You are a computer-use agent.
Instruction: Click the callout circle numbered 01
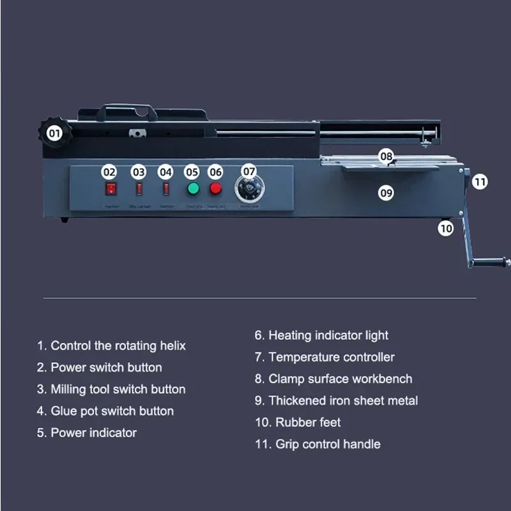click(55, 134)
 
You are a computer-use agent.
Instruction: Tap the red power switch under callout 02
click(111, 189)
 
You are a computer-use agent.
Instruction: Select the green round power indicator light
click(192, 188)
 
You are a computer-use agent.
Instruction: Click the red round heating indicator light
click(216, 188)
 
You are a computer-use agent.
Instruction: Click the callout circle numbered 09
click(386, 192)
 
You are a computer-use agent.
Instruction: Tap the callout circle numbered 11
click(480, 182)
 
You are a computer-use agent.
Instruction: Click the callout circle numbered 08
click(386, 156)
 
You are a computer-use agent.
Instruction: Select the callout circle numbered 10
click(445, 227)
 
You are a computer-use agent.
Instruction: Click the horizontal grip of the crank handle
click(489, 261)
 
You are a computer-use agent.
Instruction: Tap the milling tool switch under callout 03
click(139, 189)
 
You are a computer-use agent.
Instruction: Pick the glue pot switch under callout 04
click(166, 189)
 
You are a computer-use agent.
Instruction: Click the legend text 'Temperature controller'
click(324, 357)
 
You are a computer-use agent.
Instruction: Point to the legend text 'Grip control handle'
click(317, 444)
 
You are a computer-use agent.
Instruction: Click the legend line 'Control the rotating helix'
click(111, 346)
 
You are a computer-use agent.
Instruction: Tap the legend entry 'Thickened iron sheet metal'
click(336, 400)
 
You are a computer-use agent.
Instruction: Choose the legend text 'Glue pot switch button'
click(105, 411)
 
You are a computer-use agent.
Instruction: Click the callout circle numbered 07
click(249, 171)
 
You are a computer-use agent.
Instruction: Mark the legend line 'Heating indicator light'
click(321, 335)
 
